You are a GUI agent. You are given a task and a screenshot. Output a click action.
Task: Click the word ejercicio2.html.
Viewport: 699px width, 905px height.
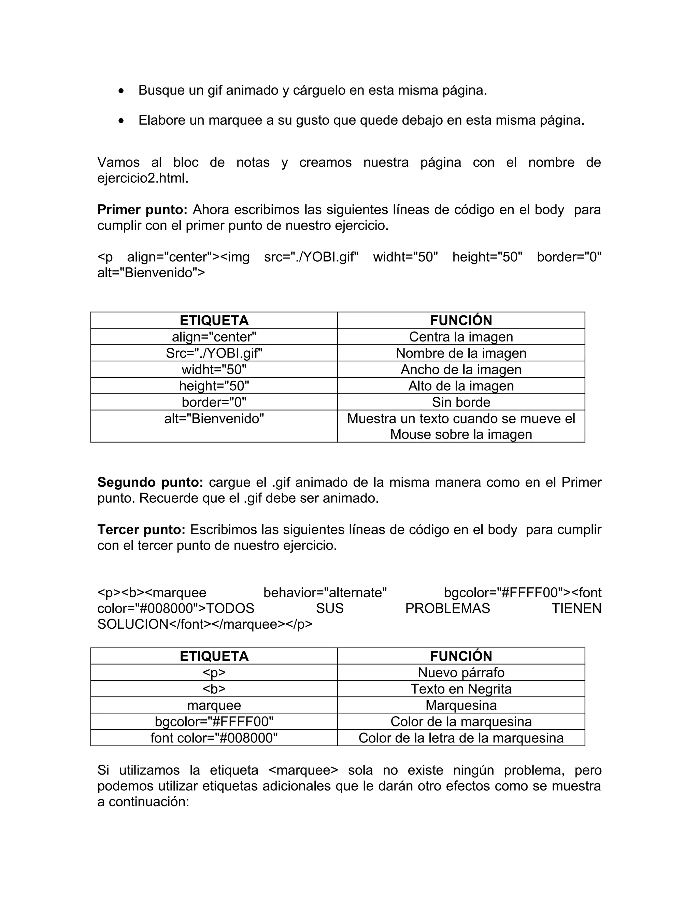(x=143, y=178)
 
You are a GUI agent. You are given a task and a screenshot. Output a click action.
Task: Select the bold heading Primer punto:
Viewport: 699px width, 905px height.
(x=142, y=210)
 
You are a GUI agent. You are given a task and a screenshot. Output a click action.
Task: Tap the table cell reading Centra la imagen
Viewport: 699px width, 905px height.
(x=460, y=336)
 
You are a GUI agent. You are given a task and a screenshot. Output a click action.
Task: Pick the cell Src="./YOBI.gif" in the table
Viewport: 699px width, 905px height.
(x=214, y=353)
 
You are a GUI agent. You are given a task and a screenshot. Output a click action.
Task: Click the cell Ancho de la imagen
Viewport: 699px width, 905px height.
(x=460, y=369)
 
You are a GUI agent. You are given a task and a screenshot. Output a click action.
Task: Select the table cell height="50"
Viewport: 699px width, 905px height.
(x=214, y=386)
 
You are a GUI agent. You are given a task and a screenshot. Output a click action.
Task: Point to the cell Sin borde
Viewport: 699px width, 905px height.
(x=460, y=402)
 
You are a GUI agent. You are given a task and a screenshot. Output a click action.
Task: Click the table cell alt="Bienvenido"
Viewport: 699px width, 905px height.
(x=214, y=419)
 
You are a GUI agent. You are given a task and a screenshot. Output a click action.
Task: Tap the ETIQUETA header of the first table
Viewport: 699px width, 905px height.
(x=214, y=320)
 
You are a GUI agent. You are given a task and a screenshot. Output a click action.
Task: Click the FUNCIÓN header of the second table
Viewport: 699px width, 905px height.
(x=460, y=656)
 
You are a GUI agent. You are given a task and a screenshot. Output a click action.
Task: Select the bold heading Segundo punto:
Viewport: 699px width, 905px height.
(x=150, y=482)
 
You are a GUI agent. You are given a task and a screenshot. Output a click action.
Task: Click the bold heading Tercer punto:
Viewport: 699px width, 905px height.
(x=141, y=530)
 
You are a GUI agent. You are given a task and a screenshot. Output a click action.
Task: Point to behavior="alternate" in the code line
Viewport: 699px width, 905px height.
(x=325, y=593)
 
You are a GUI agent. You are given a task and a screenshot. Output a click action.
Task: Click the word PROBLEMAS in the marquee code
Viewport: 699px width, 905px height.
(x=447, y=608)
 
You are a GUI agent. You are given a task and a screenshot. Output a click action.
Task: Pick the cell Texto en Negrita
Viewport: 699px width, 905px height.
(x=460, y=689)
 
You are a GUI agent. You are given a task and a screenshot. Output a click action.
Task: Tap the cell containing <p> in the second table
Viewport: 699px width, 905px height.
(x=214, y=672)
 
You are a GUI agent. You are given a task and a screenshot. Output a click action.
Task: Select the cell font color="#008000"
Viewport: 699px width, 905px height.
(x=214, y=738)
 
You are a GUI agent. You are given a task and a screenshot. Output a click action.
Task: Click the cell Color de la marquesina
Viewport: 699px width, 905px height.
(x=460, y=721)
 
